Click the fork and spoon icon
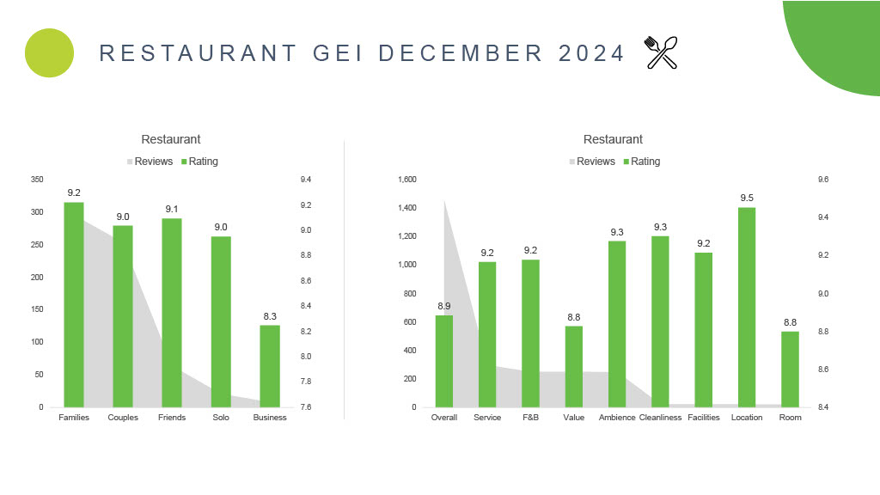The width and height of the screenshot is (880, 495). (x=661, y=52)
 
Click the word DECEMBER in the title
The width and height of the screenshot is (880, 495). (x=461, y=53)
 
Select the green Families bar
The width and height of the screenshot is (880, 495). (x=74, y=304)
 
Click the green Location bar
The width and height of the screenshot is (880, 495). (x=747, y=307)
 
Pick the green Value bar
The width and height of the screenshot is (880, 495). (x=573, y=366)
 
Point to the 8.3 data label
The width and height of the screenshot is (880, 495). (x=270, y=316)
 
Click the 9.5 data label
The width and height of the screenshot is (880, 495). (x=747, y=199)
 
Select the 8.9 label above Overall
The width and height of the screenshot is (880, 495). (x=444, y=306)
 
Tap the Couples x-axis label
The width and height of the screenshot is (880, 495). (x=123, y=418)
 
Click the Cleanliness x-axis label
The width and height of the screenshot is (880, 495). (x=660, y=418)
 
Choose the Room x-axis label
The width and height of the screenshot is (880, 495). (x=790, y=418)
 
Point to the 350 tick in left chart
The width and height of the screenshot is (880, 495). (x=36, y=180)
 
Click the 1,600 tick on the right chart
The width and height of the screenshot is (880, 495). (x=407, y=180)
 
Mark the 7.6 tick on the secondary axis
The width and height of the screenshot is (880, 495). (x=305, y=407)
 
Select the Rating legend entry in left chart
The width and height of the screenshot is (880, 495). (x=199, y=162)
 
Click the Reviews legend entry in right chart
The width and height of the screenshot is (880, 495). (x=592, y=162)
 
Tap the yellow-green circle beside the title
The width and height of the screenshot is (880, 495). (x=50, y=52)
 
